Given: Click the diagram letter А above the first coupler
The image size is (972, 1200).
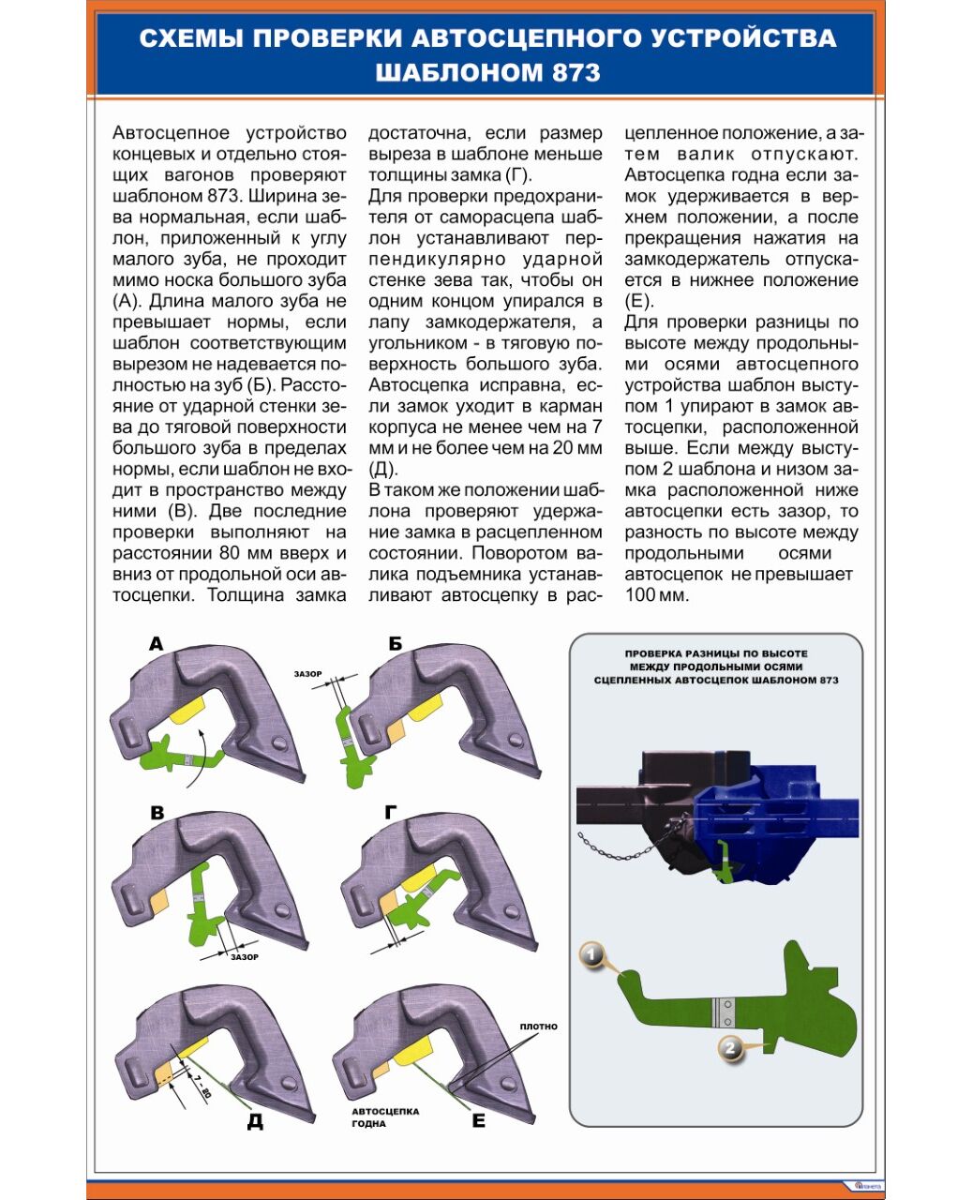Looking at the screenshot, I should [x=157, y=643].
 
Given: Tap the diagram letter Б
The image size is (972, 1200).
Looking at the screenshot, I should [x=396, y=643].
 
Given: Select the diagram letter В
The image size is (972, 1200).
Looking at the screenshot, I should [x=157, y=813].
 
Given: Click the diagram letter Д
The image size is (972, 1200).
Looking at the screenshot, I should [x=255, y=1121].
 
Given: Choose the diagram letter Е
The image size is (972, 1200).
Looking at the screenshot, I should [x=479, y=1120].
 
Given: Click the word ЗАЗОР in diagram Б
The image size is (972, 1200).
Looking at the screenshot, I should [x=307, y=674].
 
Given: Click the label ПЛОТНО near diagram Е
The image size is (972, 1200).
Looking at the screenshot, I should [x=538, y=1027].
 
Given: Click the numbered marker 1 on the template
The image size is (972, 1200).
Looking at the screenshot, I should [x=591, y=955].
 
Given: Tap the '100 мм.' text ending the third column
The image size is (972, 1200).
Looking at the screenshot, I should [x=657, y=595].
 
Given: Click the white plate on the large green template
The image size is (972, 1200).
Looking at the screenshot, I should [x=723, y=1011].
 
